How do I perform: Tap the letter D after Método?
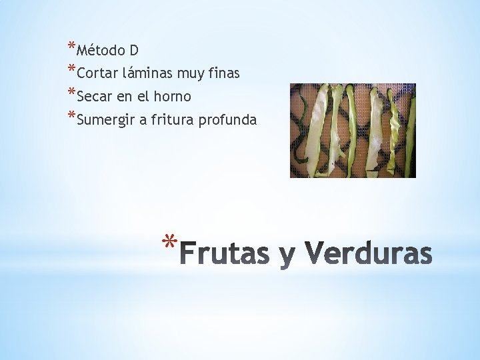click(x=134, y=50)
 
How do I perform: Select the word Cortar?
click(x=99, y=73)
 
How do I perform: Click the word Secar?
click(x=95, y=97)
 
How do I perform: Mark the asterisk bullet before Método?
click(x=71, y=47)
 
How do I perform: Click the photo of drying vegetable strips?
click(x=353, y=130)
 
